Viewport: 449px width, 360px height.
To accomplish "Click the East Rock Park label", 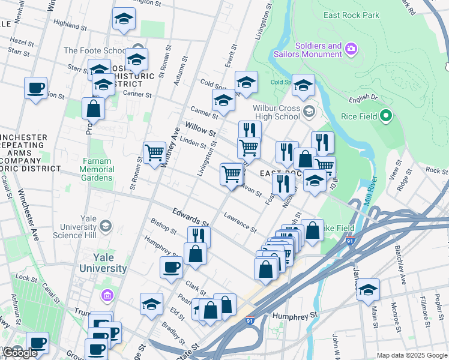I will click(351, 15).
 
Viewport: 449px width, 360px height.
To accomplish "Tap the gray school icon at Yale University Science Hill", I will click(106, 226).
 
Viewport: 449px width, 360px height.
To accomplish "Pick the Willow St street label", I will click(200, 129).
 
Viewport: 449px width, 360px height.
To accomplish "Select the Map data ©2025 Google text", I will click(412, 355).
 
